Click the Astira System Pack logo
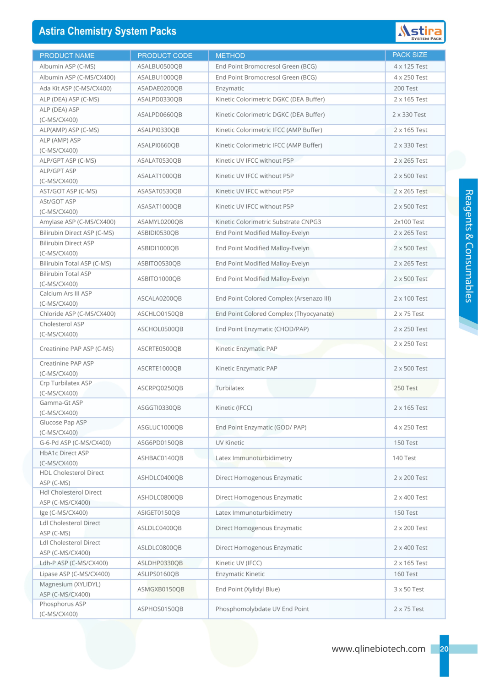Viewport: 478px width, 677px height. [x=420, y=32]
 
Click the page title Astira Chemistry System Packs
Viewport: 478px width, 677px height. [x=108, y=31]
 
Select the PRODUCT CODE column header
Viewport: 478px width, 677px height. [x=165, y=55]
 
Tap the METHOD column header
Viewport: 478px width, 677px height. [x=230, y=55]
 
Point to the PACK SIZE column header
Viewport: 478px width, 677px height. [x=410, y=55]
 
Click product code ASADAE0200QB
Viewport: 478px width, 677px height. [x=160, y=88]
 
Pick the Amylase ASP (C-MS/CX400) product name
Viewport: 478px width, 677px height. [x=77, y=222]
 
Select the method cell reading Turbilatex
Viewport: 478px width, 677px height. [x=230, y=388]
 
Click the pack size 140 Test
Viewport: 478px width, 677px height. [x=404, y=458]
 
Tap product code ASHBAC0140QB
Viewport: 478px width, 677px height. [x=160, y=458]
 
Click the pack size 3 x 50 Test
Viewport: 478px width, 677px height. [x=409, y=589]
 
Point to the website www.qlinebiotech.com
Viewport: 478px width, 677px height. [x=379, y=649]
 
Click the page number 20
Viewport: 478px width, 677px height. [x=444, y=649]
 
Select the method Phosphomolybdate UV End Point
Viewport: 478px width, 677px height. [x=262, y=609]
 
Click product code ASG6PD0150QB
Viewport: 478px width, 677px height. [x=160, y=443]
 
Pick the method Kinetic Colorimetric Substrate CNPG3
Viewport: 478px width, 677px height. [x=268, y=222]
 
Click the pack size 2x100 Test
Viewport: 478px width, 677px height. [x=409, y=222]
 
